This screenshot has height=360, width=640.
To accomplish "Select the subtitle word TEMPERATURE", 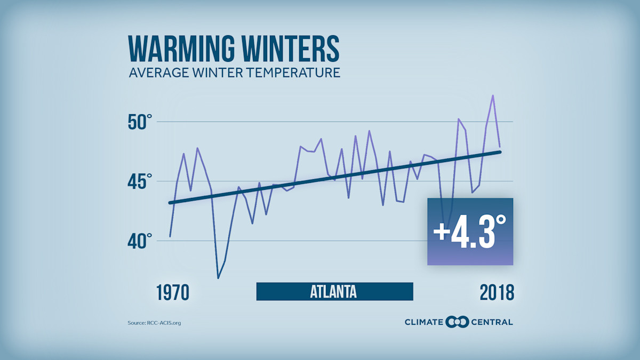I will tap(287, 72).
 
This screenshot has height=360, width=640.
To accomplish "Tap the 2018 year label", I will tap(496, 292).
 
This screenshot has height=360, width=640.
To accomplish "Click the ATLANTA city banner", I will tap(334, 292).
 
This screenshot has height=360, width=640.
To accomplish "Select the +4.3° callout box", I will tap(470, 231).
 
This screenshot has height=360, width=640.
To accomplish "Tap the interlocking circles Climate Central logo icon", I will tap(457, 322).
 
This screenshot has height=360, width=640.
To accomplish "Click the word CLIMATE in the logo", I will tap(424, 322).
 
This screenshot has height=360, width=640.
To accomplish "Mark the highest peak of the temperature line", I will tap(493, 95).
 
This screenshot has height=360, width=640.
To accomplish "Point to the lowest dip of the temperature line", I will tap(218, 278).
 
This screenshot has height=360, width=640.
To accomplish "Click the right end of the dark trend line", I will tap(500, 152).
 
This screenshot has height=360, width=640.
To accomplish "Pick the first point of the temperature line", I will tap(170, 236).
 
